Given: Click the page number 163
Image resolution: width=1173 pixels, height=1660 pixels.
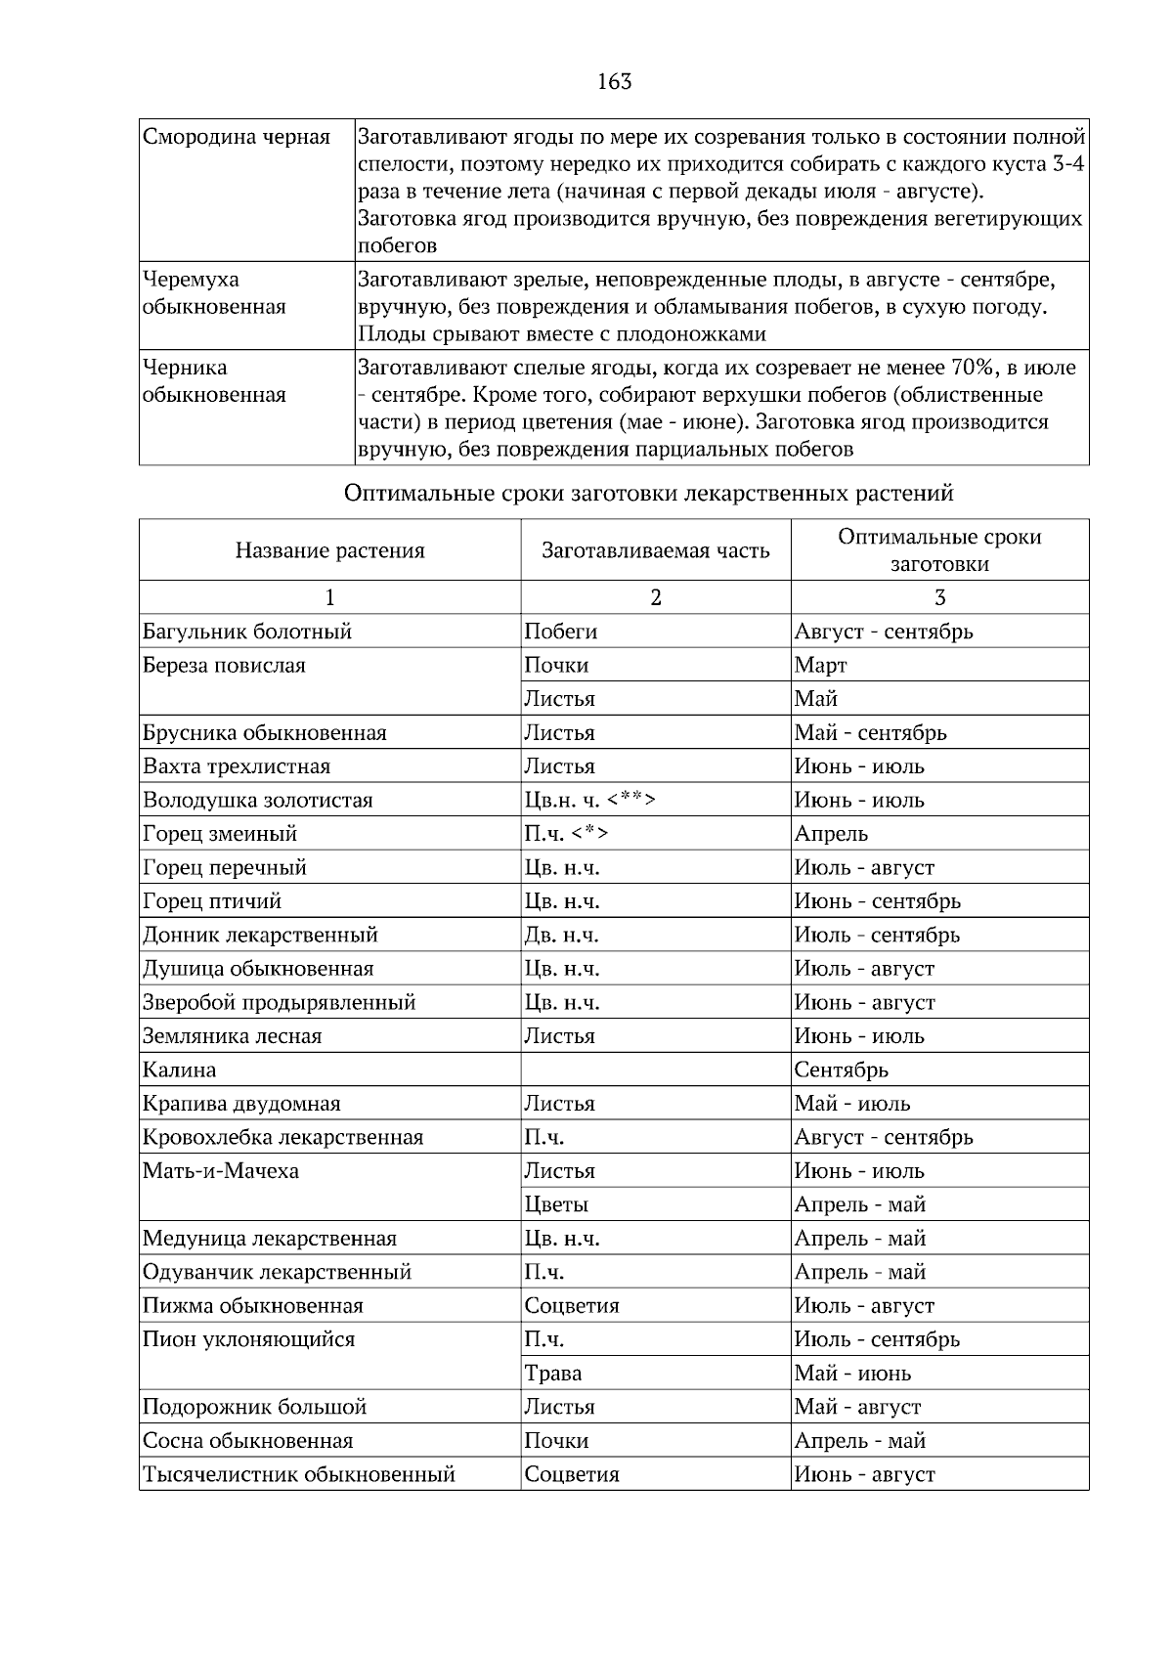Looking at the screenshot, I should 614,82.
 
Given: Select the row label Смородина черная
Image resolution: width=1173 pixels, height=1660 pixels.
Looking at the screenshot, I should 237,137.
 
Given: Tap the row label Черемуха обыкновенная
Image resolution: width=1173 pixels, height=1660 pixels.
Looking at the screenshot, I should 214,293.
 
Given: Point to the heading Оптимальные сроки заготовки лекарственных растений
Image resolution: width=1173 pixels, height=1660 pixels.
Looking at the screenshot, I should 648,494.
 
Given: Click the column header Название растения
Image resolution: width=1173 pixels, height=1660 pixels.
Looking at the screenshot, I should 329,550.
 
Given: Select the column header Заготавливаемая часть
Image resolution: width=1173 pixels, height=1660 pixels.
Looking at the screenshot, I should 655,550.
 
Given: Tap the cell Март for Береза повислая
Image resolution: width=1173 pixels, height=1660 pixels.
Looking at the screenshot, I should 820,666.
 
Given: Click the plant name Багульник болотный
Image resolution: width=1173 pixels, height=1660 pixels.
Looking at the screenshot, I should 247,632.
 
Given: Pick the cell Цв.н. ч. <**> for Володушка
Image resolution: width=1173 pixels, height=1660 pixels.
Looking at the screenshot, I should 589,801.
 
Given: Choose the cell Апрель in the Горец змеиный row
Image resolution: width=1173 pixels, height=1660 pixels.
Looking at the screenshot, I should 831,834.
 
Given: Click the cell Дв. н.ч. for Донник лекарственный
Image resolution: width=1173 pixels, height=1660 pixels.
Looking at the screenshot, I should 562,936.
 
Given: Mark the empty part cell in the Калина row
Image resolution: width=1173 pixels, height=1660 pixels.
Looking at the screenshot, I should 655,1070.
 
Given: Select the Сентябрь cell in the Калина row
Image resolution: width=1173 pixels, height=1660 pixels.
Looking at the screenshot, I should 841,1070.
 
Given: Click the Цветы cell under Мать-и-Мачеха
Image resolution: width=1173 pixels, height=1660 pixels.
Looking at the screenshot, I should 556,1205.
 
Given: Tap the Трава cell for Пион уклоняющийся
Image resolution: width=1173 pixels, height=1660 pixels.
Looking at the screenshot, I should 553,1374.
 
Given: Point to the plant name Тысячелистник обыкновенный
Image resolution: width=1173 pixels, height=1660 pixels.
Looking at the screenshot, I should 299,1475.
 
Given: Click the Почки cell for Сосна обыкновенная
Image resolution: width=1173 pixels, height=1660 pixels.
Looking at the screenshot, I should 556,1441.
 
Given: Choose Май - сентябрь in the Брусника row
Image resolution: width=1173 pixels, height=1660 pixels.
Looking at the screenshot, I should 870,733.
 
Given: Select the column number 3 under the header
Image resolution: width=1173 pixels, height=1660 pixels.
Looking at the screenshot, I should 939,598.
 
